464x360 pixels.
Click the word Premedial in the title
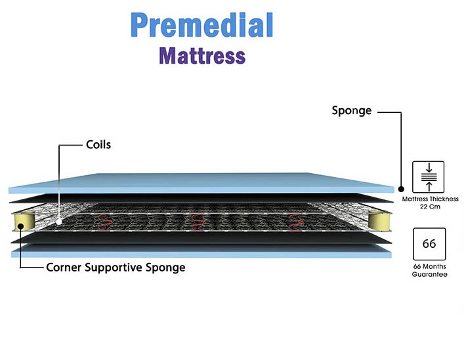click(201, 25)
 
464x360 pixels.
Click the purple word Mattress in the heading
click(202, 55)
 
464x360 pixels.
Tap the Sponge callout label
click(351, 111)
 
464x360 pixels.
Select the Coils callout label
click(98, 144)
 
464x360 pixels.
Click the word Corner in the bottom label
click(67, 268)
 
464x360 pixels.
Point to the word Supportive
click(122, 268)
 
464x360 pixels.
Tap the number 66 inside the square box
click(429, 244)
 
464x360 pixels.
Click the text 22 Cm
click(429, 207)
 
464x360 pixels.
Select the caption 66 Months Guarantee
click(429, 270)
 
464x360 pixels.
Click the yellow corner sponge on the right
click(377, 220)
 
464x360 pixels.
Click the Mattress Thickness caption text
click(429, 198)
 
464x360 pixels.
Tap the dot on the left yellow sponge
click(21, 226)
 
